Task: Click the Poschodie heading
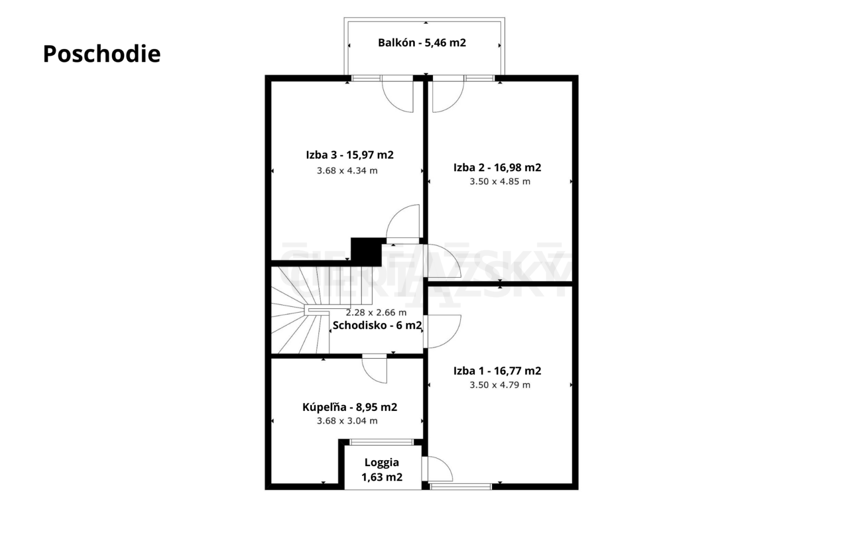pyautogui.click(x=102, y=54)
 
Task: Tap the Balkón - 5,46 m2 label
pyautogui.click(x=422, y=42)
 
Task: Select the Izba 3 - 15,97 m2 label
pyautogui.click(x=350, y=155)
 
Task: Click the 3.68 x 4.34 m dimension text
pyautogui.click(x=347, y=171)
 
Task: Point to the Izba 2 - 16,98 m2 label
pyautogui.click(x=497, y=167)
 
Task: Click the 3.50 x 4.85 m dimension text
pyautogui.click(x=500, y=182)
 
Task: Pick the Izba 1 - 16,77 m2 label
pyautogui.click(x=497, y=371)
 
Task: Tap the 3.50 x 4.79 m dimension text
pyautogui.click(x=500, y=385)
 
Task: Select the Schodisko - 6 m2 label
pyautogui.click(x=377, y=325)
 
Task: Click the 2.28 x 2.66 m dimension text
pyautogui.click(x=376, y=313)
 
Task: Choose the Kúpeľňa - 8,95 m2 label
pyautogui.click(x=350, y=407)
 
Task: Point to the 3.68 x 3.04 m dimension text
pyautogui.click(x=347, y=420)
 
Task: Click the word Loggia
pyautogui.click(x=381, y=462)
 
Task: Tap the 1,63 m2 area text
pyautogui.click(x=382, y=477)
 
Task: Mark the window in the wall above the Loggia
pyautogui.click(x=381, y=442)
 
